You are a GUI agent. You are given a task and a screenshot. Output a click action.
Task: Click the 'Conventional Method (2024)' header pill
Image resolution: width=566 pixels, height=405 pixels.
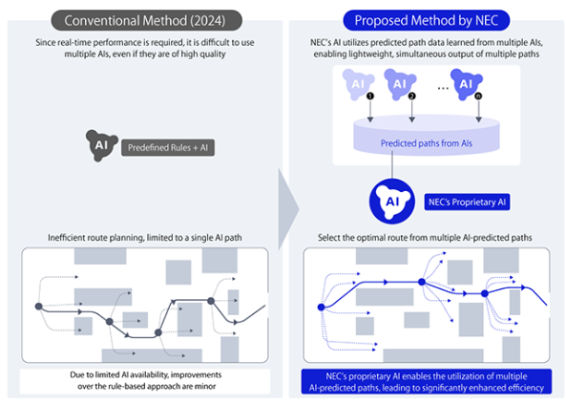click(147, 20)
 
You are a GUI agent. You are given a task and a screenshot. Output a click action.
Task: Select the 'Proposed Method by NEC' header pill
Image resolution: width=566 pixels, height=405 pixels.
click(427, 20)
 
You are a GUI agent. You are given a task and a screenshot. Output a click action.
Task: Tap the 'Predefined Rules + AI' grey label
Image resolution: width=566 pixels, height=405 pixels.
click(168, 148)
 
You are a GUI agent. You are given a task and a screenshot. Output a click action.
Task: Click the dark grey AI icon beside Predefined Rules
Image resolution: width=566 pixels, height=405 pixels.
click(101, 145)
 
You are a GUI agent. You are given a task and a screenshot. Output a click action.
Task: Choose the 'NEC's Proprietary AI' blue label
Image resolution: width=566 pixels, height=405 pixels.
click(467, 202)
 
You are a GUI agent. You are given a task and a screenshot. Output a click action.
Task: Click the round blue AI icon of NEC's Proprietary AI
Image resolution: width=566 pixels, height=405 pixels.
click(392, 202)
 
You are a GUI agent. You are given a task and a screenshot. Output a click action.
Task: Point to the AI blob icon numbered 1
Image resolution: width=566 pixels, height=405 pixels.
click(358, 85)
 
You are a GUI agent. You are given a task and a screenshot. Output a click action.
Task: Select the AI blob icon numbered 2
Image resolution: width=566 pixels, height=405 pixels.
click(400, 85)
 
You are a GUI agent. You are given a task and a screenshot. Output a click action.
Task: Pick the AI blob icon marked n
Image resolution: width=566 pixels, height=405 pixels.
click(466, 85)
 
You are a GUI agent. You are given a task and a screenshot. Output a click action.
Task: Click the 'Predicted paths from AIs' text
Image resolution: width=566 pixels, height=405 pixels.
click(427, 143)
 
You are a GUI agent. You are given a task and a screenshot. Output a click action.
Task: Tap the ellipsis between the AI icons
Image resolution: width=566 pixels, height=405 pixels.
click(443, 88)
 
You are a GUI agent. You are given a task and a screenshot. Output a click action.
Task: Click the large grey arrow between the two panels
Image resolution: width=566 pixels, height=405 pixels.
click(288, 209)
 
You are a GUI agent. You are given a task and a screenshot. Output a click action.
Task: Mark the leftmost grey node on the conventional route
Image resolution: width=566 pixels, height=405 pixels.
click(38, 307)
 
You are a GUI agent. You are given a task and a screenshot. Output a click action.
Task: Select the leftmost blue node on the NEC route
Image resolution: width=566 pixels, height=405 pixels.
click(321, 307)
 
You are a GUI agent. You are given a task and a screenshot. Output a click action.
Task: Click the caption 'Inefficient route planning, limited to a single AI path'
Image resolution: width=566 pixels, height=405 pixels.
click(145, 238)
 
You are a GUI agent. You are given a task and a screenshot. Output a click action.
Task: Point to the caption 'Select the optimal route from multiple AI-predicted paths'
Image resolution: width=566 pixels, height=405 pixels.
click(425, 238)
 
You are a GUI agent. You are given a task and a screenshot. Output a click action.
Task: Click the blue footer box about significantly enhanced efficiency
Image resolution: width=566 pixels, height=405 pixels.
click(427, 381)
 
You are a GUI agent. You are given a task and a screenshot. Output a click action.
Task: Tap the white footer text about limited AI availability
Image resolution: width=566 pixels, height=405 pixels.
click(146, 380)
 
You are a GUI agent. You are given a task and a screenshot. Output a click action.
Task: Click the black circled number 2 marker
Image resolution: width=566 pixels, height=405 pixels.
click(412, 96)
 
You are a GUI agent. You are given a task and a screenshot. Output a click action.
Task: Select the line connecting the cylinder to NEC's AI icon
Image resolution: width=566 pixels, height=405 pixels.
click(392, 164)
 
